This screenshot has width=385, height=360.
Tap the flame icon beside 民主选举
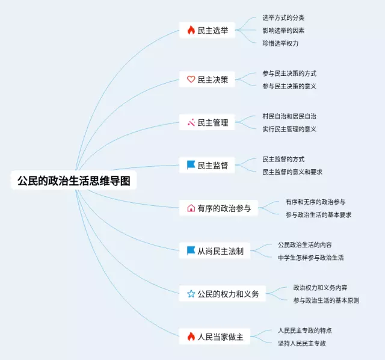(x=191, y=30)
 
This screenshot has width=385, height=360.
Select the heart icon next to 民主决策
(x=191, y=79)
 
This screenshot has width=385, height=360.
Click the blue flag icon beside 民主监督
(x=191, y=165)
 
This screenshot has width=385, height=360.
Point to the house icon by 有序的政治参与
(x=191, y=208)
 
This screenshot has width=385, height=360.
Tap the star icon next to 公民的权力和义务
(x=191, y=294)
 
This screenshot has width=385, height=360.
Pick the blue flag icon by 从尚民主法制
(x=191, y=251)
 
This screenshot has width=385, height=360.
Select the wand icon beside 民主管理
(x=191, y=122)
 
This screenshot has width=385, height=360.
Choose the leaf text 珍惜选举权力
(x=280, y=43)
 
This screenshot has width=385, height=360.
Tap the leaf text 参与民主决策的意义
(x=289, y=86)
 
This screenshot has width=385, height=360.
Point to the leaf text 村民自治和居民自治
(x=289, y=116)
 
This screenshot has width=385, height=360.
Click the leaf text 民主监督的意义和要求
(x=292, y=172)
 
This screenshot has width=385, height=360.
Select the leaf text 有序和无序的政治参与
(x=315, y=202)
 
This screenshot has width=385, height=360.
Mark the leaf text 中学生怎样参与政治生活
(x=311, y=258)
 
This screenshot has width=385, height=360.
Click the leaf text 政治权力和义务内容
(x=320, y=288)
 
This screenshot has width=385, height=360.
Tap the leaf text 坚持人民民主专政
(x=302, y=343)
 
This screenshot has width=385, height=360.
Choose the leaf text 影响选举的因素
(x=283, y=30)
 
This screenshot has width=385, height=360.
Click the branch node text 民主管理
(x=213, y=123)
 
